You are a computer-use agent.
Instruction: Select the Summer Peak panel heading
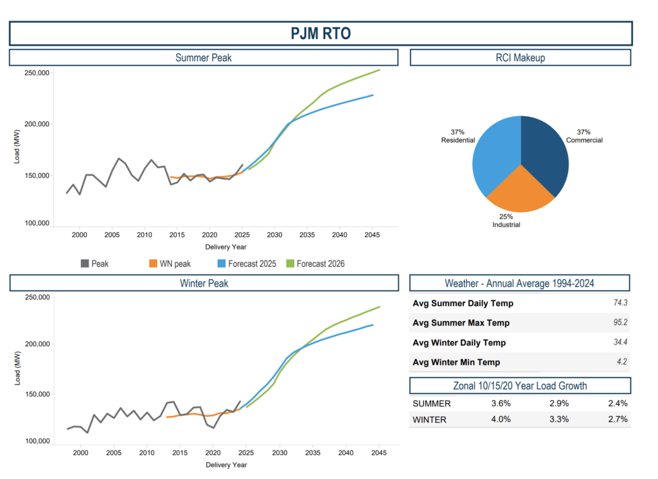(203, 58)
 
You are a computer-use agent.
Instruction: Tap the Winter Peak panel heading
(203, 283)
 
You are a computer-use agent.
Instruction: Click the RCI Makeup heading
(520, 58)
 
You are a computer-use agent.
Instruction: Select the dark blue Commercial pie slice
(546, 154)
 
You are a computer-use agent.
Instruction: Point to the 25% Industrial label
(507, 221)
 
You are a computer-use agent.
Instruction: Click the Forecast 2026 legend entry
(320, 263)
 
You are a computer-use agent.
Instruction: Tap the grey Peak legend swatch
(85, 263)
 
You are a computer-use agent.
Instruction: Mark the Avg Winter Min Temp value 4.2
(621, 362)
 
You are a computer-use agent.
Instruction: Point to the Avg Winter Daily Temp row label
(459, 343)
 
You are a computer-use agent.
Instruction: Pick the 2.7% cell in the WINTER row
(617, 420)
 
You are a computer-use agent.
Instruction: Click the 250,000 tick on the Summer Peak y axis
(37, 73)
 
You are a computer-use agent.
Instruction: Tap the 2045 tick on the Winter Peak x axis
(379, 453)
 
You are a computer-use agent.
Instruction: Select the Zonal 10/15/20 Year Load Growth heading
(520, 386)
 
